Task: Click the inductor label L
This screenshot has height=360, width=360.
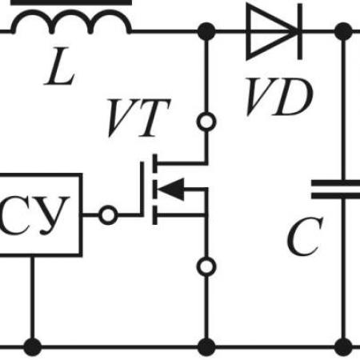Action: (x=60, y=66)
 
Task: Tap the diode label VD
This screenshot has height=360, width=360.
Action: (x=278, y=97)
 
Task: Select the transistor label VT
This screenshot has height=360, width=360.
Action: (x=138, y=118)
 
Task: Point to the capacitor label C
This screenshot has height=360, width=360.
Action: (x=305, y=236)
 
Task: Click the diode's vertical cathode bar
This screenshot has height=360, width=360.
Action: (x=300, y=31)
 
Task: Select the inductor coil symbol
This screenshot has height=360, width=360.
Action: (x=71, y=12)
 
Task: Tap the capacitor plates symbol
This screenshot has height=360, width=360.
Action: (x=336, y=190)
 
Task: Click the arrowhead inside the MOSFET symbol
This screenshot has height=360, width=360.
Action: (x=171, y=189)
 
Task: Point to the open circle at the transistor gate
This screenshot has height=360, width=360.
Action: (x=108, y=215)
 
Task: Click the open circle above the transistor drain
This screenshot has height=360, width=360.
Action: (x=206, y=122)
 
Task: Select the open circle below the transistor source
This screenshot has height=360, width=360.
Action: (x=206, y=266)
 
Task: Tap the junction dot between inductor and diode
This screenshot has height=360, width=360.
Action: (x=206, y=31)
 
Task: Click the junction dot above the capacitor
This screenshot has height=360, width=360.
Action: (x=343, y=31)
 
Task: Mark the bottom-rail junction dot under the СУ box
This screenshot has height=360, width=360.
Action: (x=33, y=347)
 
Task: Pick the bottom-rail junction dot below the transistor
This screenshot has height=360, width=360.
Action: (x=206, y=347)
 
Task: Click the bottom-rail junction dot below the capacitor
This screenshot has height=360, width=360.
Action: (x=343, y=347)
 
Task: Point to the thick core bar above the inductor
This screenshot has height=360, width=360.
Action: (x=71, y=2)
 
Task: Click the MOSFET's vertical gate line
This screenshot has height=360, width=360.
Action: (x=142, y=189)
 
